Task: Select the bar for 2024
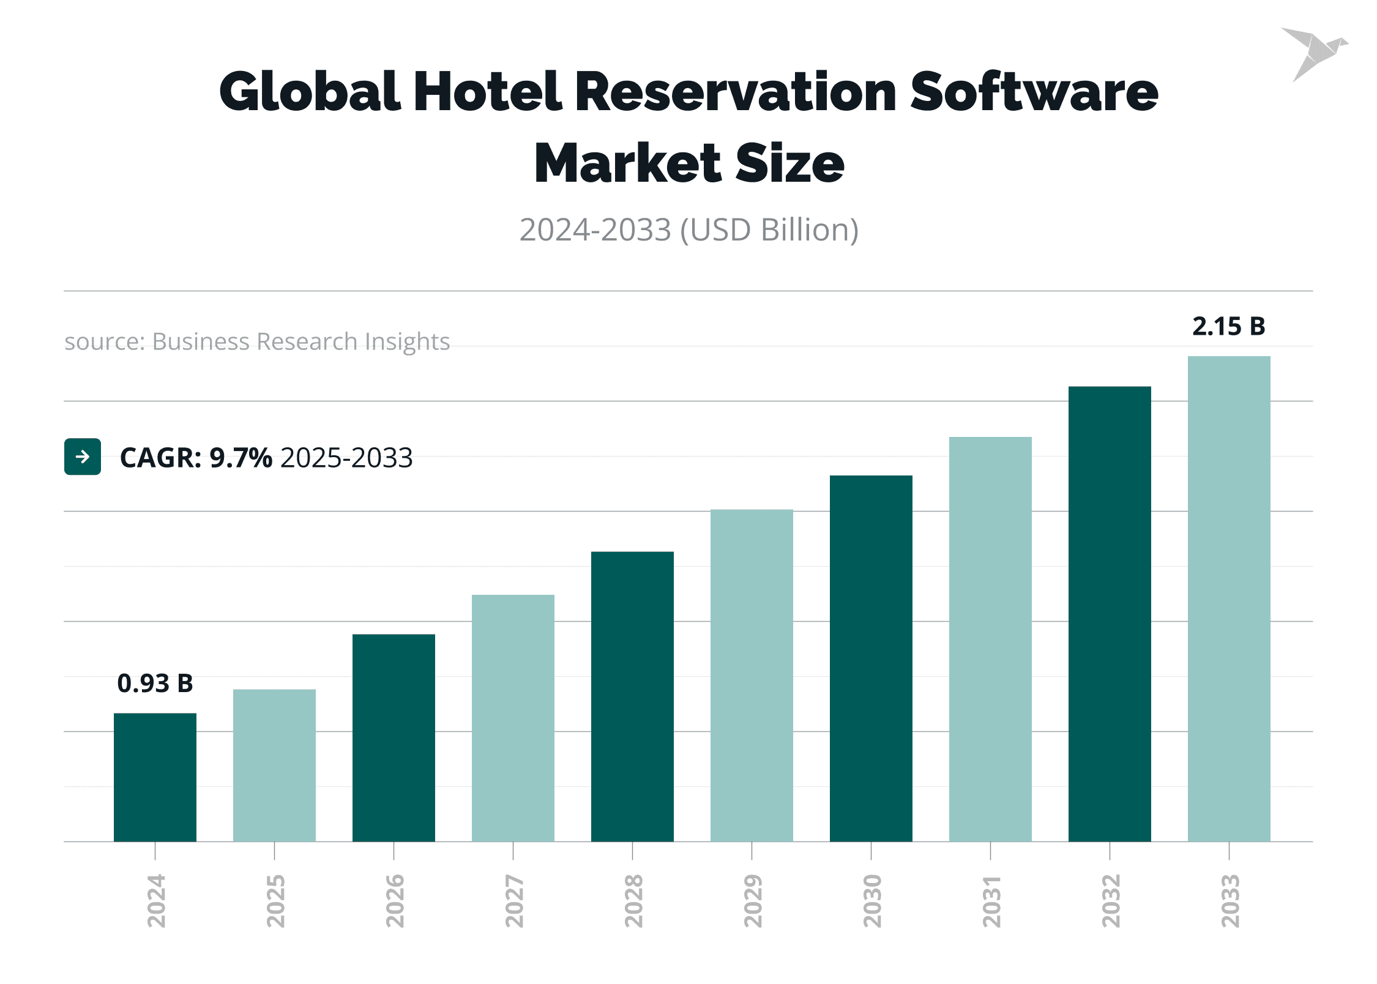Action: [x=155, y=777]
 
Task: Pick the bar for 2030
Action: [x=871, y=658]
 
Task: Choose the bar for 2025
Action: [x=274, y=766]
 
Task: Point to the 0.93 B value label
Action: [x=155, y=684]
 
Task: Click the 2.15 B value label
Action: [x=1229, y=326]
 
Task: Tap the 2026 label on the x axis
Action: [x=395, y=901]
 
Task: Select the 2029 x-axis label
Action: [x=753, y=901]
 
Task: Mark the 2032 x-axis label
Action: [x=1111, y=901]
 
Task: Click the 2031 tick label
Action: [x=991, y=901]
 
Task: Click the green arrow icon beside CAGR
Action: [x=83, y=457]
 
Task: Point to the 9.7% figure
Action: [x=241, y=458]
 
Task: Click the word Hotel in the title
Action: [x=487, y=92]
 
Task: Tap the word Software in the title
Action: [x=1034, y=92]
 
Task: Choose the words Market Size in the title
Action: [x=689, y=163]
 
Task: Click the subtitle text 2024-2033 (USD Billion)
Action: [x=689, y=230]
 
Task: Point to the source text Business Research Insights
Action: [x=300, y=341]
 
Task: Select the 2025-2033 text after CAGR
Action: [x=346, y=458]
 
